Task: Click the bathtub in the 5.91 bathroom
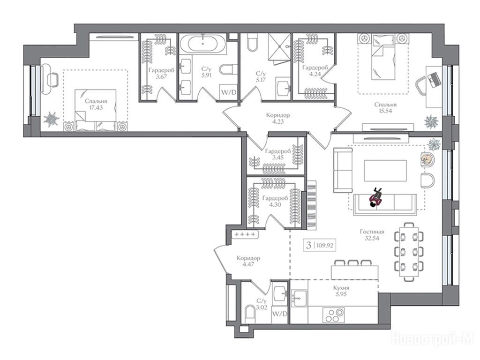(x=203, y=44)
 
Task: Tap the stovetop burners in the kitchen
(x=334, y=315)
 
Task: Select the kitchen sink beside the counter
(x=299, y=298)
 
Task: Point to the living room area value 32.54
(x=372, y=238)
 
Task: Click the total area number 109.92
(x=325, y=245)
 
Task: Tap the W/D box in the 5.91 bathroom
(x=228, y=92)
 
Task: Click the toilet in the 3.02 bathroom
(x=250, y=314)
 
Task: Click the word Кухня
(x=341, y=288)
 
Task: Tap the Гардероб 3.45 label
(x=278, y=154)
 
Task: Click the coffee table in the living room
(x=385, y=171)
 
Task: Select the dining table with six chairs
(x=409, y=252)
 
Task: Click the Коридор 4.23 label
(x=277, y=118)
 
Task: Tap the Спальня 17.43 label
(x=96, y=105)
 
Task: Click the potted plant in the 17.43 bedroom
(x=52, y=120)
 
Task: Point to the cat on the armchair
(x=426, y=159)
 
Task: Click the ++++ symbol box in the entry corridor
(x=245, y=234)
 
